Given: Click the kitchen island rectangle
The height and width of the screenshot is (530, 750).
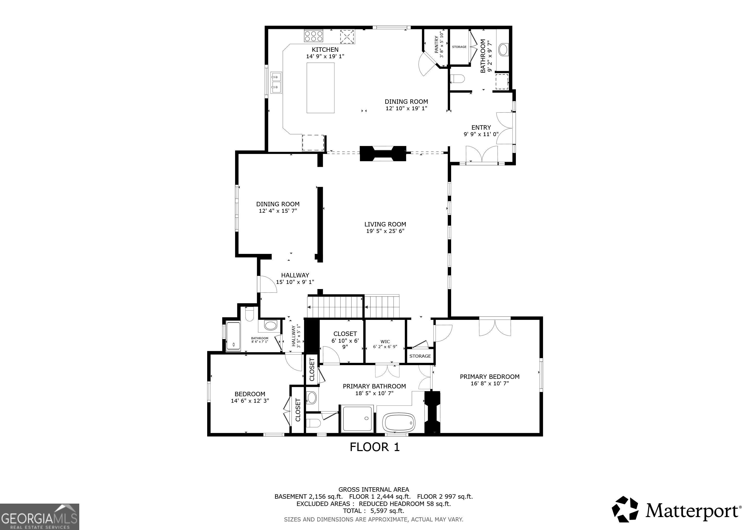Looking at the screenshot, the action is (x=320, y=88).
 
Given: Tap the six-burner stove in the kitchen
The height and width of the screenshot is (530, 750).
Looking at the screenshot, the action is (x=314, y=35).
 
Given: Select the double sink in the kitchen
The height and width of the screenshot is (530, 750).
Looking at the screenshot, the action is (x=276, y=83).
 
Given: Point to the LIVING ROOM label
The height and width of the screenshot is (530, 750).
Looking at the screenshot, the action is (x=385, y=224).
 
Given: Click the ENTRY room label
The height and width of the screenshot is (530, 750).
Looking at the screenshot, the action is (x=481, y=128).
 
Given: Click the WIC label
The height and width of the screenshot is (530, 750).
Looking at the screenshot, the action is (x=385, y=341).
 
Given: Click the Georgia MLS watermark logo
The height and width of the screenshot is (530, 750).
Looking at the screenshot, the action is (x=40, y=517).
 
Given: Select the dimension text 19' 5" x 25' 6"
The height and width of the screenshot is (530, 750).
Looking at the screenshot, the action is (x=385, y=231).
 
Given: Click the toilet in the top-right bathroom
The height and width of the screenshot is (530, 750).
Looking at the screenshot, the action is (x=457, y=79).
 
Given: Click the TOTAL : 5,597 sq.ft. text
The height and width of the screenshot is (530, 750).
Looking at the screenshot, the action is (x=373, y=511).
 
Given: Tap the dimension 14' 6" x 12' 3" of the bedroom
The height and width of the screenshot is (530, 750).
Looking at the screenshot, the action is (x=250, y=401).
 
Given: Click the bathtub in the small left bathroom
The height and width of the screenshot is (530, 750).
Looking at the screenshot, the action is (x=233, y=336).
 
